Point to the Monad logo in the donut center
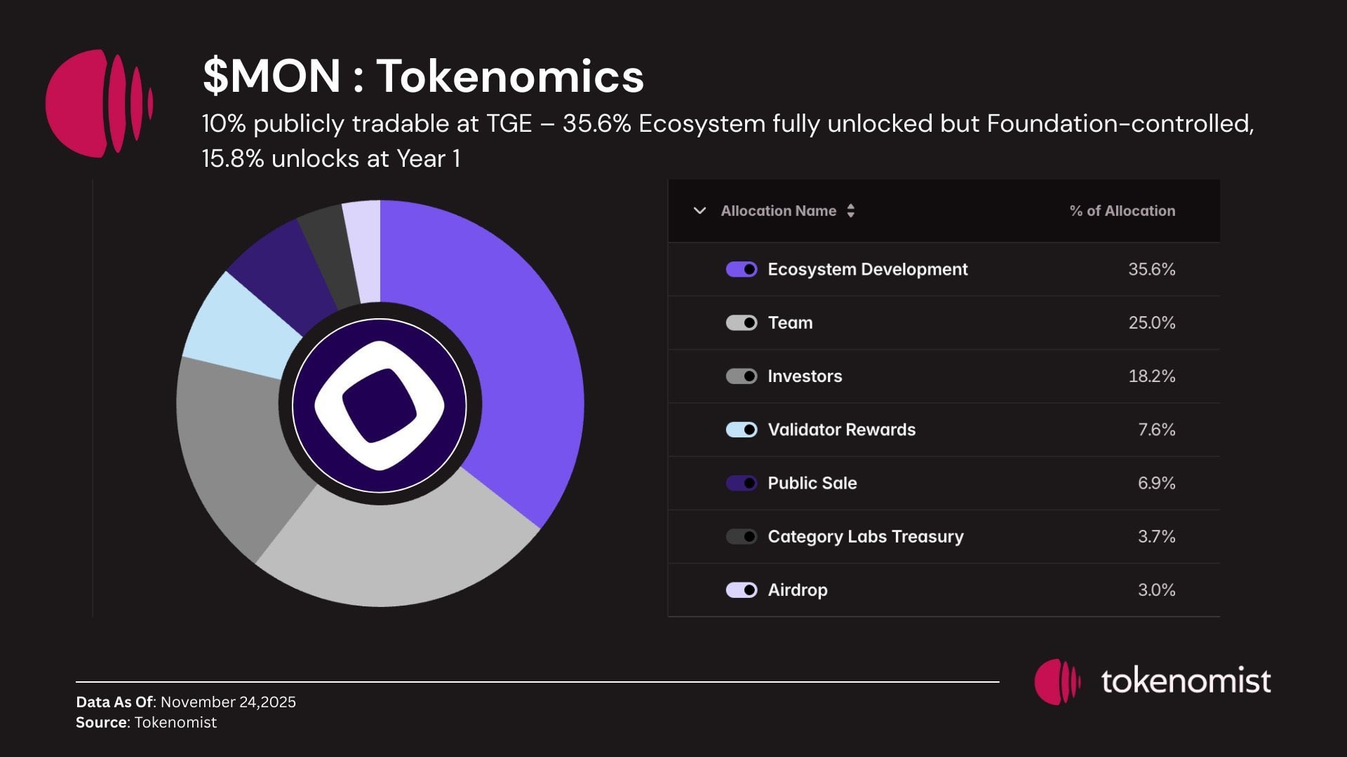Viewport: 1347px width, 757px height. [x=380, y=405]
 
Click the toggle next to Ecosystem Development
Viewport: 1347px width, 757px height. [x=741, y=269]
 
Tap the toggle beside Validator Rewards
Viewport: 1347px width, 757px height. [x=741, y=430]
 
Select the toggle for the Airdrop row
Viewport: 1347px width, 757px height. [x=741, y=590]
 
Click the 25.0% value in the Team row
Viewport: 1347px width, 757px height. [x=1151, y=323]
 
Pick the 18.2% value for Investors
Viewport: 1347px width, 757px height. [x=1151, y=376]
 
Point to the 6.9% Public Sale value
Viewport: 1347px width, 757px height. [x=1156, y=483]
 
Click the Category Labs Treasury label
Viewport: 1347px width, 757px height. [x=866, y=537]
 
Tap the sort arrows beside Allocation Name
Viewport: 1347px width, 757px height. [x=850, y=211]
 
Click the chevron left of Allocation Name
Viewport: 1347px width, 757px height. [x=699, y=210]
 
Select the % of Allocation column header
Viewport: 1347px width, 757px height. [x=1122, y=211]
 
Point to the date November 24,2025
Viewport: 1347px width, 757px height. [x=228, y=702]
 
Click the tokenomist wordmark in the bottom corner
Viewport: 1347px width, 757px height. [x=1186, y=681]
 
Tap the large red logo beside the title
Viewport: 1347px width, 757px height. [x=98, y=103]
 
